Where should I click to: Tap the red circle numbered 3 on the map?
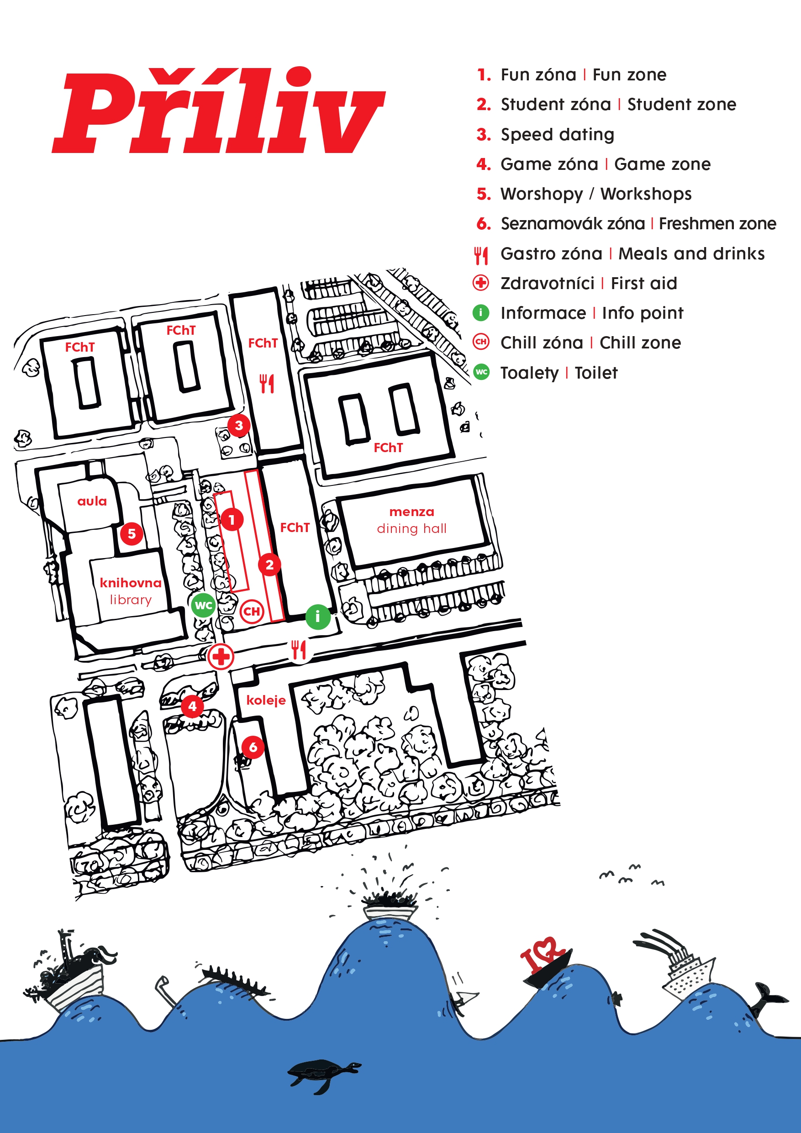pyautogui.click(x=239, y=425)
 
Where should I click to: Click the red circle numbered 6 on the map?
pyautogui.click(x=253, y=747)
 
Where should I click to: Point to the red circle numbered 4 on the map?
pyautogui.click(x=192, y=706)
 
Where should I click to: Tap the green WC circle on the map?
pyautogui.click(x=203, y=605)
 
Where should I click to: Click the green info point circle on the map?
pyautogui.click(x=318, y=617)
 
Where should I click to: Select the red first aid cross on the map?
pyautogui.click(x=221, y=657)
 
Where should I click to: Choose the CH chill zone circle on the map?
pyautogui.click(x=252, y=611)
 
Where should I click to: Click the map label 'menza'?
pyautogui.click(x=411, y=512)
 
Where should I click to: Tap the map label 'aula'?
pyautogui.click(x=92, y=501)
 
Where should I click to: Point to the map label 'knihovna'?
pyautogui.click(x=130, y=583)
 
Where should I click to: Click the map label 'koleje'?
pyautogui.click(x=266, y=700)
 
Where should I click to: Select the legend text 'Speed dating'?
pyautogui.click(x=557, y=134)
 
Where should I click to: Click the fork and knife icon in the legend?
pyautogui.click(x=481, y=255)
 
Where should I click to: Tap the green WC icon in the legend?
pyautogui.click(x=481, y=372)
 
